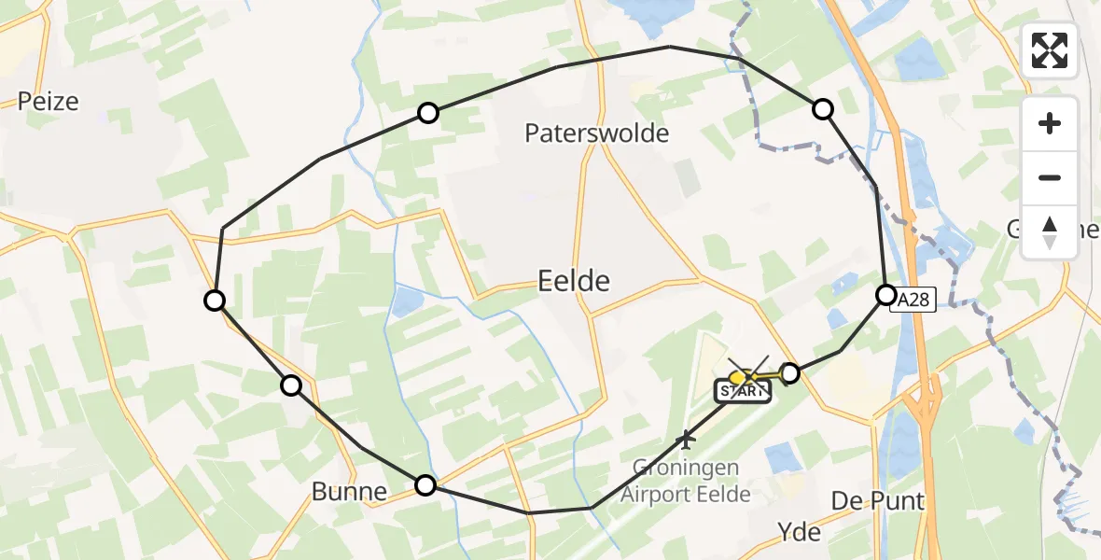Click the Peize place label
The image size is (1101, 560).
coord(49,101)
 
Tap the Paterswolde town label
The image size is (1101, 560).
coord(597,133)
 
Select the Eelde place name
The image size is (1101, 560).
coord(574,280)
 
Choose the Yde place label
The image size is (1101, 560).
coord(800,532)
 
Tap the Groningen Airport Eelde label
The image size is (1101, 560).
coord(686,480)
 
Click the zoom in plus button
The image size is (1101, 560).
coord(1050,123)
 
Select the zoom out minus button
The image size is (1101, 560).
coord(1050,177)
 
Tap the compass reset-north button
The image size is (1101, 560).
coord(1050,231)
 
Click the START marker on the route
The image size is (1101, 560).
coord(744,391)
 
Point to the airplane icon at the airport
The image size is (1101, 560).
coord(688,437)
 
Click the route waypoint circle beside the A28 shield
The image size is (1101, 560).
coord(885,295)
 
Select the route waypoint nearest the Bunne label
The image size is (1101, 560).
coord(425,484)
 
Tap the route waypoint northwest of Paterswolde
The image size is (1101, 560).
coord(427,113)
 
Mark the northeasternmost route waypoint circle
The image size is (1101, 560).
coord(822,109)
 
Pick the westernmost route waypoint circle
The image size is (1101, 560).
coord(215,300)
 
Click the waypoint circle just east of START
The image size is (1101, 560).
coord(789,373)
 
